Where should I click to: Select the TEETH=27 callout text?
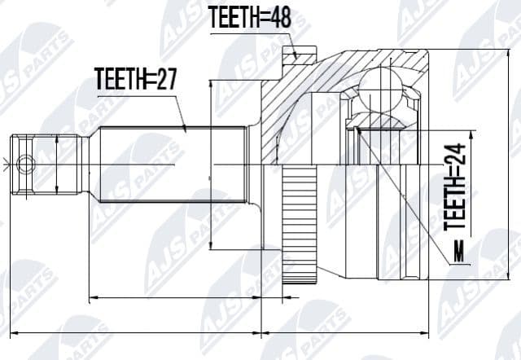pos(136,80)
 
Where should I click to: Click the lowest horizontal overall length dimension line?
pos(220,333)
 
